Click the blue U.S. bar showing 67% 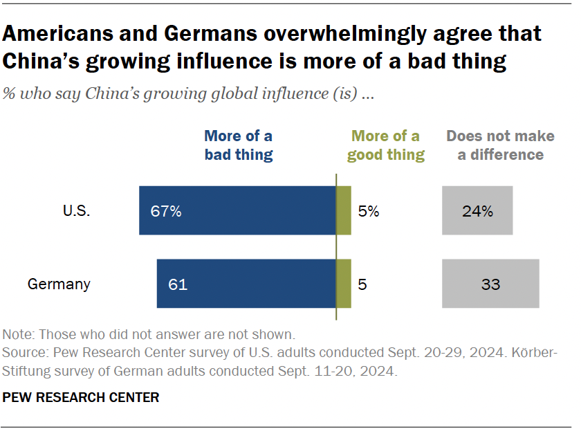point(237,210)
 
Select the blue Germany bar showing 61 point(246,284)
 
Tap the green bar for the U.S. point(344,210)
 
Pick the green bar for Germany point(344,284)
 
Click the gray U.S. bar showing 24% point(477,210)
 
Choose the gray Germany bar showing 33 point(490,284)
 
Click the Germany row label point(59,284)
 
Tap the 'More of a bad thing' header point(239,145)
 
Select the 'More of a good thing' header point(386,145)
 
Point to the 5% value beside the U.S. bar point(369,211)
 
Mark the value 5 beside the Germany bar point(362,284)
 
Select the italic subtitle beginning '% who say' point(189,95)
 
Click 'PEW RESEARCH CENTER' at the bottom point(81,397)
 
